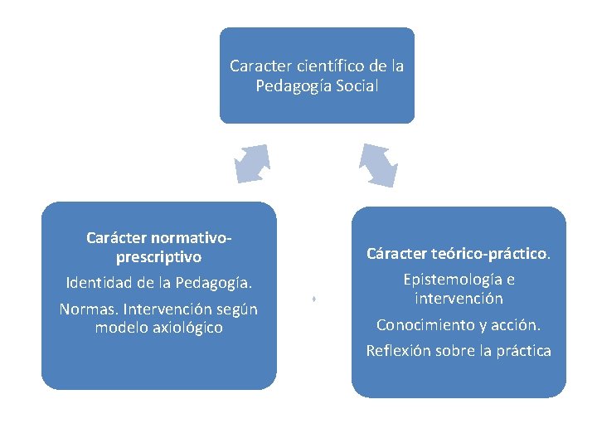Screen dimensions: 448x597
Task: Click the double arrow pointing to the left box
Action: pos(253,163)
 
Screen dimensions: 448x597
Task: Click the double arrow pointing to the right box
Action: pos(378,165)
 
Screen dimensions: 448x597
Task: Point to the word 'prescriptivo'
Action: pos(158,257)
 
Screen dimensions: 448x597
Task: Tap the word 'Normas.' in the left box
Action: pos(86,309)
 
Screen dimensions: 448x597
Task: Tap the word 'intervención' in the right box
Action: pos(459,298)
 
